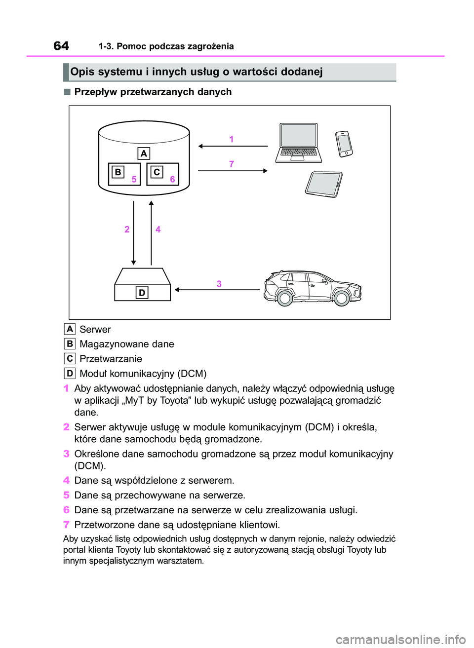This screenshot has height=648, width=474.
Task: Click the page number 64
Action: click(x=61, y=46)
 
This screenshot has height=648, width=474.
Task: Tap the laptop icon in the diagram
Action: click(x=299, y=143)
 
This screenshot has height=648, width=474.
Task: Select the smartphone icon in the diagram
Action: click(x=344, y=144)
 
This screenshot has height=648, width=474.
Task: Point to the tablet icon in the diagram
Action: click(x=323, y=185)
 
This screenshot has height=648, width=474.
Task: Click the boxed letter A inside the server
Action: click(x=144, y=153)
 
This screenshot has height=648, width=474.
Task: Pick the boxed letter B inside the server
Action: click(x=118, y=172)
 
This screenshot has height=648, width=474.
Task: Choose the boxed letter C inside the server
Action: click(x=157, y=172)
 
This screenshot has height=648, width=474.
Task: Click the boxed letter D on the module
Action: click(x=142, y=293)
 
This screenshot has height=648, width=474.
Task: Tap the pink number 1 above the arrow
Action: click(x=231, y=139)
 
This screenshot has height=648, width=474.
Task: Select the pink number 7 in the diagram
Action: click(x=231, y=164)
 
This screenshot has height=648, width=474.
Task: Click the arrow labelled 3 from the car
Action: click(x=217, y=290)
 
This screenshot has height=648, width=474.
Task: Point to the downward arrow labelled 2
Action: click(x=133, y=232)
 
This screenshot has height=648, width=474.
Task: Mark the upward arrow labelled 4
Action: click(x=151, y=232)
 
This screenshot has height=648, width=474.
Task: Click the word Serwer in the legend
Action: click(x=95, y=329)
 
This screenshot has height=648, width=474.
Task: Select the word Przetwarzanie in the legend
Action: click(x=111, y=359)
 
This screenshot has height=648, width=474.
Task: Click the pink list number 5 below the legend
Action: click(x=66, y=495)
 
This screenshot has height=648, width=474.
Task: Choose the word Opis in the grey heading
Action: click(x=82, y=72)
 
